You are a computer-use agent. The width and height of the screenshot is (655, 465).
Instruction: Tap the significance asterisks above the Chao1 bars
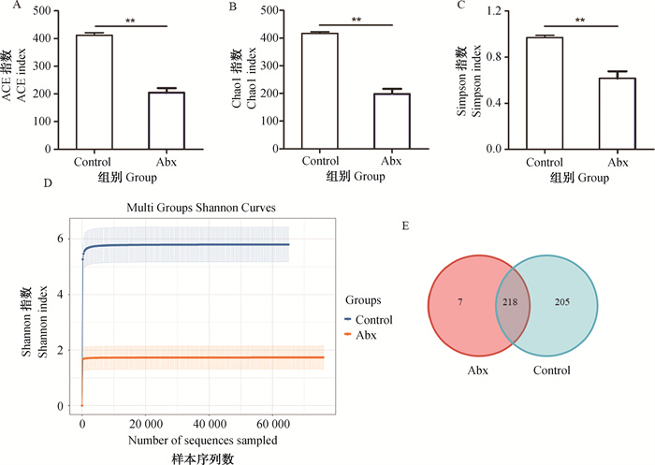click(x=356, y=18)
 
